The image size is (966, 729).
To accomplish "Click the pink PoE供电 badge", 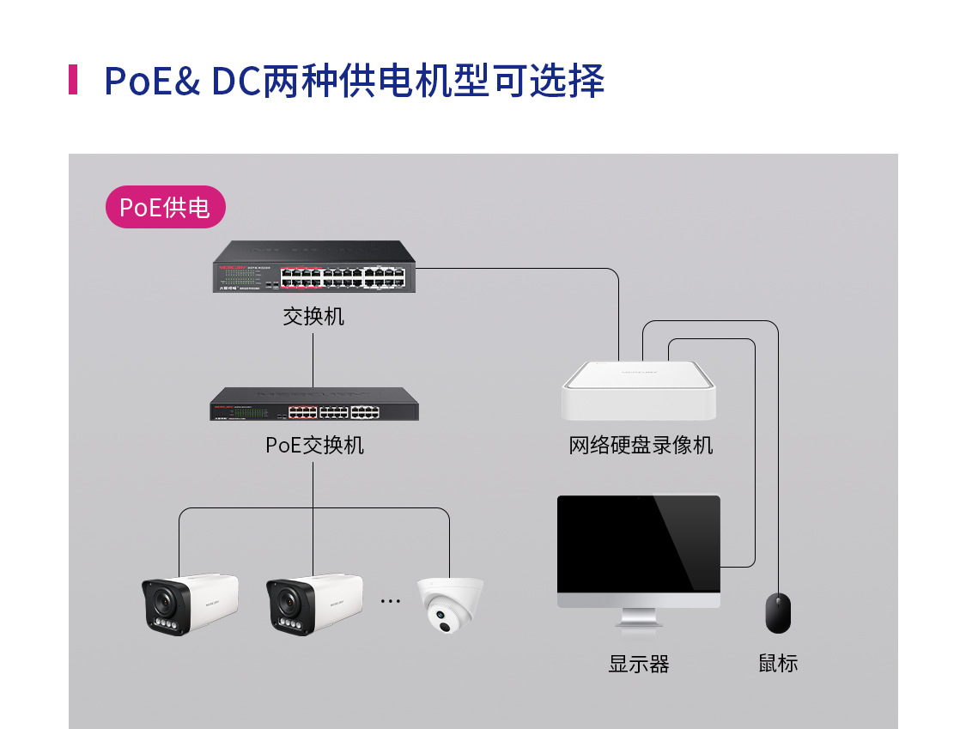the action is click(165, 207).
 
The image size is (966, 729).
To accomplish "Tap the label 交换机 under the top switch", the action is click(313, 317).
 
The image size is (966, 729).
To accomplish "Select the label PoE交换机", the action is click(314, 445).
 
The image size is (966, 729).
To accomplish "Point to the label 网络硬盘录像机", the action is click(641, 445).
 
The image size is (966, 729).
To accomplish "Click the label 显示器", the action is click(638, 664).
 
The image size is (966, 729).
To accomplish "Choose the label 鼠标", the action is click(778, 664).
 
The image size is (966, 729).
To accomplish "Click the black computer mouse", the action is click(778, 613).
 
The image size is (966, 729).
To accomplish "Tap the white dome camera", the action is click(450, 604).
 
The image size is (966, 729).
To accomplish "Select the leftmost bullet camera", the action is click(190, 604).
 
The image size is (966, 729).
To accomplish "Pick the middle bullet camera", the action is click(313, 604).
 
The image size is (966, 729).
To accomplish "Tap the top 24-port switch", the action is click(313, 266).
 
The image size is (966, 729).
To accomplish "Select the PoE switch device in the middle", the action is click(314, 404).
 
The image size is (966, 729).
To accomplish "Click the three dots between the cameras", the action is click(391, 601).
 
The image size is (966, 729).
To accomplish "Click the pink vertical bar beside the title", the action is click(73, 80).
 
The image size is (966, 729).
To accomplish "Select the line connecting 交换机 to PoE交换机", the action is click(313, 361).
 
